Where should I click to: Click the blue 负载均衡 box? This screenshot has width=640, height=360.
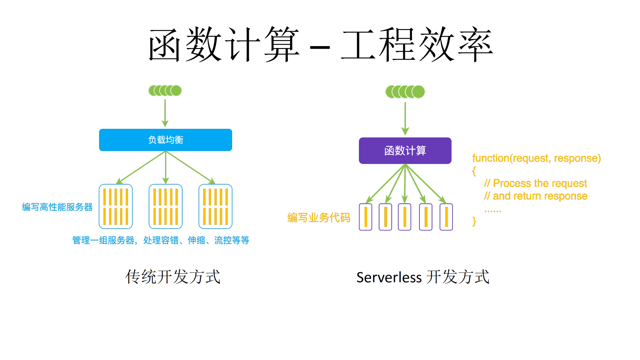165,140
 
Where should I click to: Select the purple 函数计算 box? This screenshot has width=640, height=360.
405,150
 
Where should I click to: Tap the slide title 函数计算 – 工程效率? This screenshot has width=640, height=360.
320,45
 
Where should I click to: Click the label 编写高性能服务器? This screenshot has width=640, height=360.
57,207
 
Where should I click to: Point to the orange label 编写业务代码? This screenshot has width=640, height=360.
318,218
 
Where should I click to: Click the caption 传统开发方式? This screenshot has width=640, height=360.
173,277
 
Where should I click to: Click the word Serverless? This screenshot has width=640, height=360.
389,278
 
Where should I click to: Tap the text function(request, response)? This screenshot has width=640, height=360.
536,158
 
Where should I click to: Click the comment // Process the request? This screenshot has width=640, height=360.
535,183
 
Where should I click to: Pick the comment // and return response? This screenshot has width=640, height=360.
536,196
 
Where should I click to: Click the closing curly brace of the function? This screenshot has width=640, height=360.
474,222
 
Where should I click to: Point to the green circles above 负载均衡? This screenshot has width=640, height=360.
165,90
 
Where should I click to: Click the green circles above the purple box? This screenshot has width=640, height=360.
405,92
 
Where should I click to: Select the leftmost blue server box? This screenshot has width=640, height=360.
116,206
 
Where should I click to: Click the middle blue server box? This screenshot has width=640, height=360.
165,206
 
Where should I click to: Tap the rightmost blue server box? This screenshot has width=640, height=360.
215,206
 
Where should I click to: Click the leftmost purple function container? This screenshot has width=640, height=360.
366,217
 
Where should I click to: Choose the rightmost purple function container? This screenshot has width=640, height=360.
446,217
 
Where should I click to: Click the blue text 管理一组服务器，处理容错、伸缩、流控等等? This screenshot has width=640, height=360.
161,240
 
